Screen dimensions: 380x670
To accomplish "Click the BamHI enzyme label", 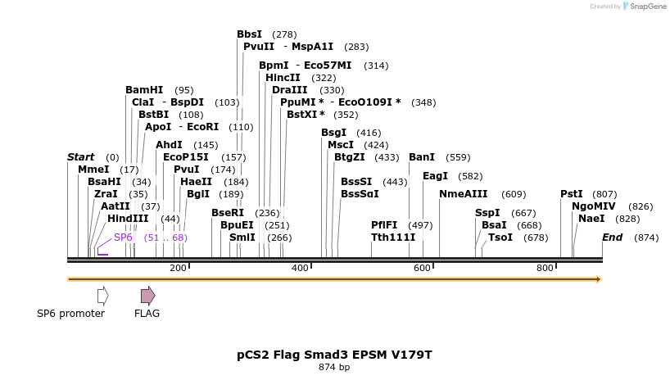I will pos(144,90).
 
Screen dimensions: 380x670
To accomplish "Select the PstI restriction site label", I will pos(571,194).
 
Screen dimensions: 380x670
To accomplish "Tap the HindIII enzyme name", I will pos(128,219).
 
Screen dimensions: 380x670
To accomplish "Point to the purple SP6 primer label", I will pos(123,237).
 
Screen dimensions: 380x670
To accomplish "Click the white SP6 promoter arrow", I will pos(103,296).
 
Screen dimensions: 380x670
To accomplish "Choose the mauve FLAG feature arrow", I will pos(147,296).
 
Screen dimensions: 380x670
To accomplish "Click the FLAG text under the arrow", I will pos(147,314).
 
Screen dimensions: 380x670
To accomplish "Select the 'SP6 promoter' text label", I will pos(71,314).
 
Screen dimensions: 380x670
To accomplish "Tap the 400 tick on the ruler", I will pos(300,268).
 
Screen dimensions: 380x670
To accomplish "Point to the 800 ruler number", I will pos(545,268).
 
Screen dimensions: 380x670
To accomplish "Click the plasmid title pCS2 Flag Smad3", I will pos(334,355).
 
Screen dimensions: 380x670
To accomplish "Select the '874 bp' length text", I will pos(334,368).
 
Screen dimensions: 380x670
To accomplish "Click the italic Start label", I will pos(81,157).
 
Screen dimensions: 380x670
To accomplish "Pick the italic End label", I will pos(612,237).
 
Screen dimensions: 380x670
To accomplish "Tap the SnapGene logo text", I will pos(646,7).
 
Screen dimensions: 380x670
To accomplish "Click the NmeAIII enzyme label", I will pos(463,194).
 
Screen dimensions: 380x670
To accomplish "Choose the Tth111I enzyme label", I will pos(393,237).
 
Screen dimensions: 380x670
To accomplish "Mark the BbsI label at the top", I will pos(249,34).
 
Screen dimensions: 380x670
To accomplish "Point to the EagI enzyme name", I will pos(435,176).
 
